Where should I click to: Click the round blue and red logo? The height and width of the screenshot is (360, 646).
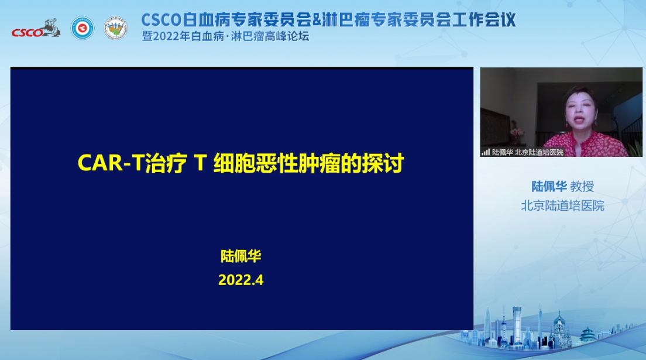(83, 28)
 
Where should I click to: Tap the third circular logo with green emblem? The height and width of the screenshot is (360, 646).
(116, 28)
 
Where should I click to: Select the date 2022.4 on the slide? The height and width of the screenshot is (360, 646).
(241, 280)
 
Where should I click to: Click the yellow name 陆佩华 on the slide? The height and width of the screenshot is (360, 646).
(240, 256)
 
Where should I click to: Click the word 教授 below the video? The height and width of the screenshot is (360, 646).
(582, 187)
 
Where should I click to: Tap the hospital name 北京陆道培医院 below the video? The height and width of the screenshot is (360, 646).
(562, 205)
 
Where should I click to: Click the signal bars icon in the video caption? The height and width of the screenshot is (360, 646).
(486, 152)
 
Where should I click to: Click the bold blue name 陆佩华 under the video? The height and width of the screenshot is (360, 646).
(549, 187)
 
